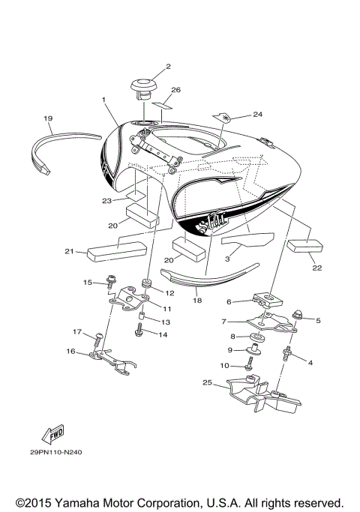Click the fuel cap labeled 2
(145, 88)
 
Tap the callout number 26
(175, 91)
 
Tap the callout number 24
(258, 115)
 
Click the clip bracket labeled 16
(112, 361)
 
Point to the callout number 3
(227, 256)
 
